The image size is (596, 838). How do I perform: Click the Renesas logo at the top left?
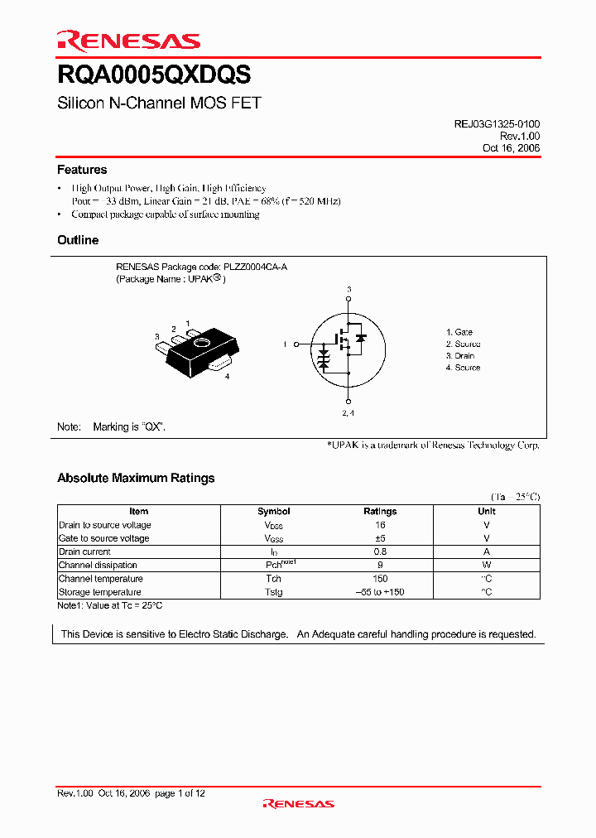coord(128,41)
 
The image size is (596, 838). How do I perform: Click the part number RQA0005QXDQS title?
coord(154,75)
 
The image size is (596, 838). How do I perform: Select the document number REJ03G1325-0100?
coord(497,123)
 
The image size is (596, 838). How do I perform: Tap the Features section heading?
coord(82,170)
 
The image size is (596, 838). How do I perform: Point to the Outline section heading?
coord(78,240)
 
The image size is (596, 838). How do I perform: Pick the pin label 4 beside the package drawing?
coord(227,377)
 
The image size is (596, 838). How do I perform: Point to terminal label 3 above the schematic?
coord(348,289)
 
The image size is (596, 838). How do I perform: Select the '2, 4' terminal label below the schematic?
coord(348,412)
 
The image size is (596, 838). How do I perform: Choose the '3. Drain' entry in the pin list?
coord(460,356)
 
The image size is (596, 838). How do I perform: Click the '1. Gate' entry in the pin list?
coord(459,332)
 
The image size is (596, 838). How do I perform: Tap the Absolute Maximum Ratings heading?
coord(136,478)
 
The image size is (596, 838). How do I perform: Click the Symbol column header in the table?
coord(274,512)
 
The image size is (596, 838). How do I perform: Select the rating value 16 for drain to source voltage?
coord(380,525)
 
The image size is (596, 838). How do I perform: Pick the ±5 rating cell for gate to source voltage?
coord(380,538)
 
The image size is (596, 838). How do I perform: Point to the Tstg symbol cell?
coord(274,592)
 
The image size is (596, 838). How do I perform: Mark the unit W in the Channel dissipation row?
coord(487,566)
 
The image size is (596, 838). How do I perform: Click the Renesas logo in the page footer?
coord(298,803)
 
